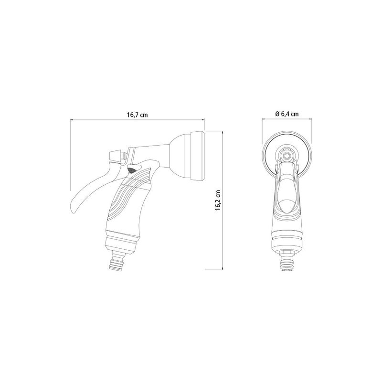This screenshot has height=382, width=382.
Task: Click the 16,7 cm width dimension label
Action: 137,115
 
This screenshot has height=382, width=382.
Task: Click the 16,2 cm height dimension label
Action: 218,200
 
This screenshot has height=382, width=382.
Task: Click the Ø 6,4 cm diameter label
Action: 287,114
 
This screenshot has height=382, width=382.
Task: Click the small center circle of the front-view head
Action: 287,154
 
